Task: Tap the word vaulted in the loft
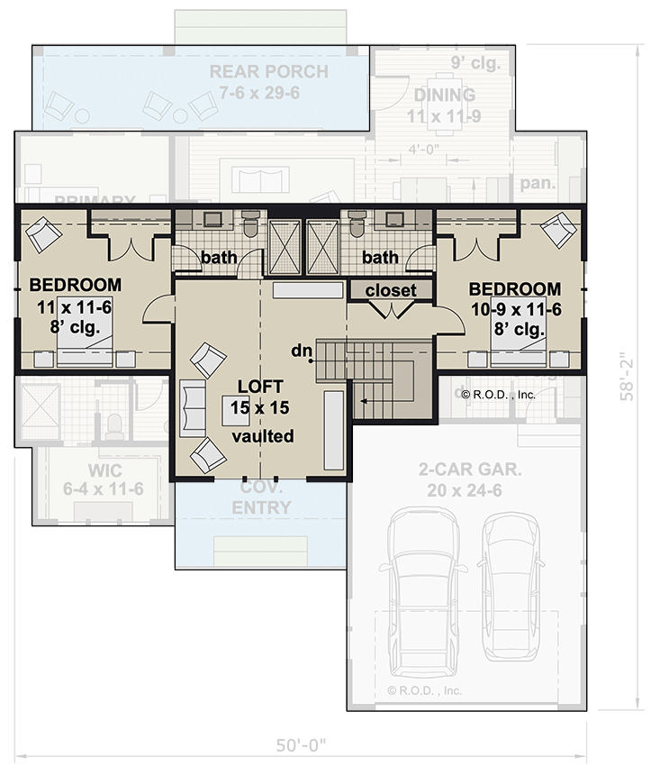coord(263,436)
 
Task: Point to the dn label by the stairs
coord(302,349)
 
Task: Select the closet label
coord(391,290)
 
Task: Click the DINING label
coord(444,95)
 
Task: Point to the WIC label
coord(104,472)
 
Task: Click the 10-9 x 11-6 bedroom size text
coord(515,309)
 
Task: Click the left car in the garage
coord(423,587)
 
